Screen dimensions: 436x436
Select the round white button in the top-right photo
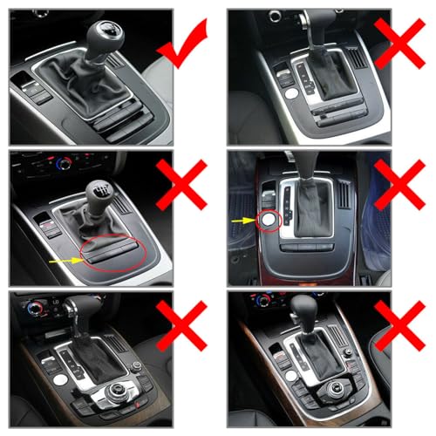283,74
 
